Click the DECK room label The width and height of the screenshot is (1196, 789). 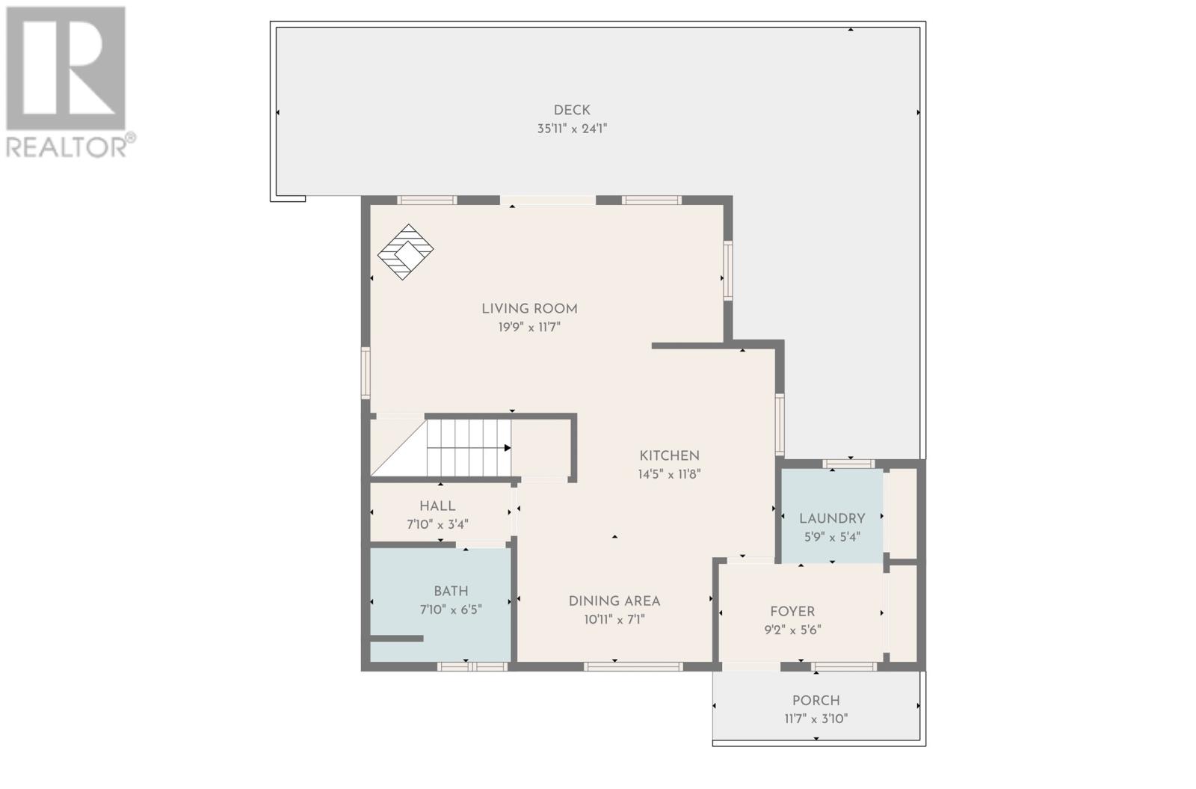572,110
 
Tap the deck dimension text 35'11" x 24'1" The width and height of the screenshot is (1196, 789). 572,129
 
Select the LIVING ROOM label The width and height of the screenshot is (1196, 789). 529,308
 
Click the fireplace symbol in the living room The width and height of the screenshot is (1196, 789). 405,251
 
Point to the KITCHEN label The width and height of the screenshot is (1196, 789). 669,455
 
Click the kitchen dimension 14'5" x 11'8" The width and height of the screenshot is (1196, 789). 669,474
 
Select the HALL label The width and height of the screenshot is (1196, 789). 437,506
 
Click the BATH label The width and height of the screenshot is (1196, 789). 451,591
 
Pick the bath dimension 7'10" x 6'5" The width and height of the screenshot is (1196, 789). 451,610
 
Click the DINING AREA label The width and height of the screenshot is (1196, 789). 614,601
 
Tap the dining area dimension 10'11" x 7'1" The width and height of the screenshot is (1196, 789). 614,619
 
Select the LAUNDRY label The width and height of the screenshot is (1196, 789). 832,518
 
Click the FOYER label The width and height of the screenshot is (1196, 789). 792,611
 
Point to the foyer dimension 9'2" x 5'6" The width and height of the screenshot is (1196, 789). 792,630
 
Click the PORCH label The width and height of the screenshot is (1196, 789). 816,700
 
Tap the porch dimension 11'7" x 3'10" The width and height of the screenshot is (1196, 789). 816,719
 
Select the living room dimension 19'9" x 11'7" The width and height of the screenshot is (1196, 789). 529,327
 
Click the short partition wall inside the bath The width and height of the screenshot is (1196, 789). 397,638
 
